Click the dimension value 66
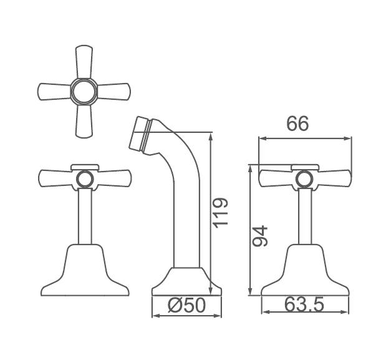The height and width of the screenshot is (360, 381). click(297, 124)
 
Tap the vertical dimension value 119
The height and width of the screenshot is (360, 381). click(221, 213)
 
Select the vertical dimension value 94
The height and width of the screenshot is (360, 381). click(260, 236)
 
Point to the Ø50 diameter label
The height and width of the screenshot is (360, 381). click(186, 305)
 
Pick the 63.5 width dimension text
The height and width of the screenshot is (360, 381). click(304, 305)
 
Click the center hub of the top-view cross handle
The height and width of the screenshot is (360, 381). click(84, 92)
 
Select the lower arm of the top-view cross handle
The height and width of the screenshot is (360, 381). click(84, 122)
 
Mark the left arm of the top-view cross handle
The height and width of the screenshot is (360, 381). click(53, 92)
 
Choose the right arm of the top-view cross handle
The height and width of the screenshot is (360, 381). click(114, 92)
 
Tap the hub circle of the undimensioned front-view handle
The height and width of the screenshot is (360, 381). click(84, 180)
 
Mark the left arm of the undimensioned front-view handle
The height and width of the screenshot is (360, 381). click(55, 178)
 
